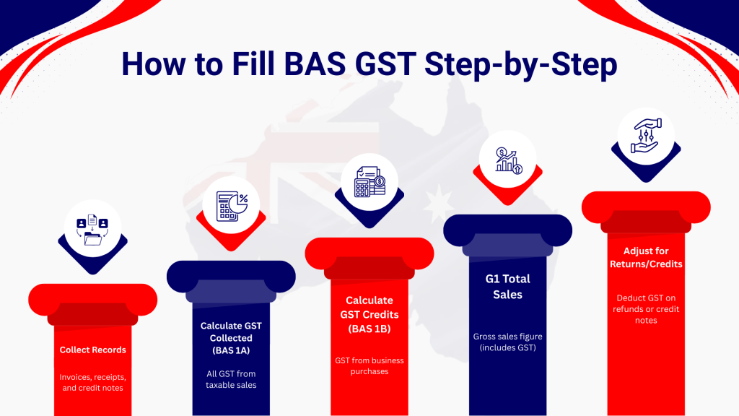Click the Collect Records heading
coord(93,350)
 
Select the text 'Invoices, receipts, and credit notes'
coord(93,382)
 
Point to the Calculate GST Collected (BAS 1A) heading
coord(231,337)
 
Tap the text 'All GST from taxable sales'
coord(231,379)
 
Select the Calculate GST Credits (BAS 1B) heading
coord(369,313)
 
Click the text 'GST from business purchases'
coord(369,365)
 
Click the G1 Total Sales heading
coord(508,286)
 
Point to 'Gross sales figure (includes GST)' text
coord(508,342)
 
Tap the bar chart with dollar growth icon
coord(508,159)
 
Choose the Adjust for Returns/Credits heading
coord(647,258)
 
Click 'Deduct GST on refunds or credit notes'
coord(647,308)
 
